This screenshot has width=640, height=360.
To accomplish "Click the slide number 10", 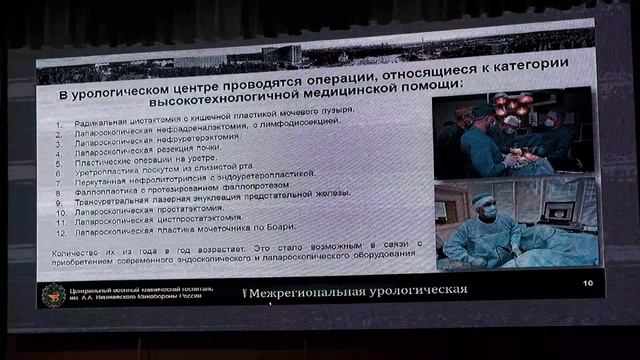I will (587, 284).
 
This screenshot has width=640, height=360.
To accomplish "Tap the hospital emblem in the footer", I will (53, 294).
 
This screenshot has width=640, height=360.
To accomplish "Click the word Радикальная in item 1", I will (100, 122).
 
